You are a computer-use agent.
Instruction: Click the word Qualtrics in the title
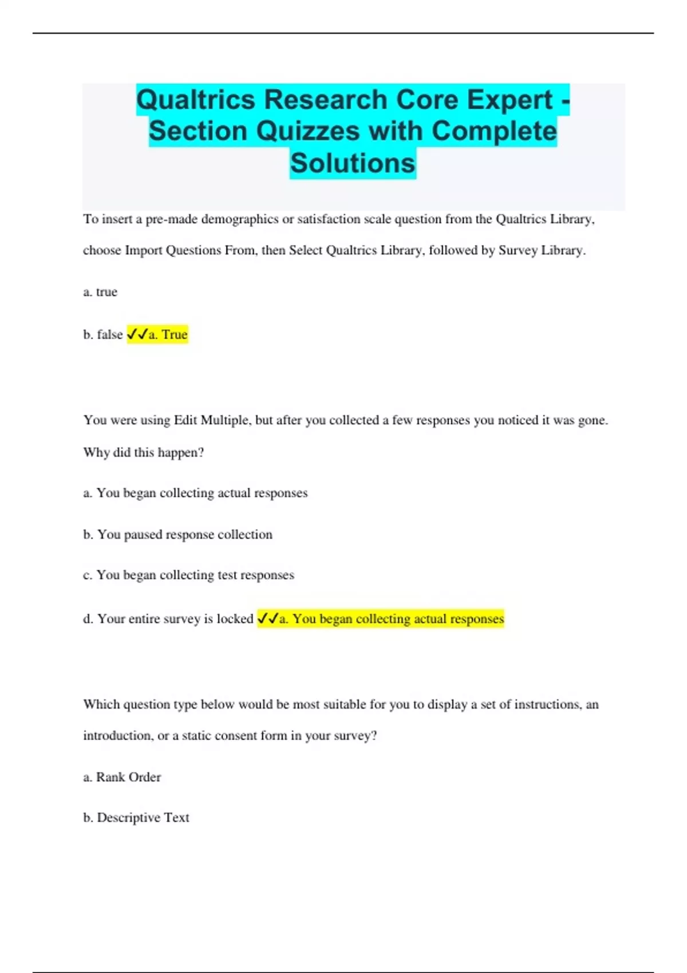[196, 100]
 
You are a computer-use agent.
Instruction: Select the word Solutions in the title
[352, 163]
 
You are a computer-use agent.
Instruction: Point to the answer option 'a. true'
[100, 292]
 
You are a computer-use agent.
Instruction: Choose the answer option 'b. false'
[103, 334]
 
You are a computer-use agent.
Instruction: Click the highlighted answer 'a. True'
[168, 334]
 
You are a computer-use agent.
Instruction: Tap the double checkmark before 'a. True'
[137, 334]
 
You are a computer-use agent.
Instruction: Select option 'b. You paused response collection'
[177, 535]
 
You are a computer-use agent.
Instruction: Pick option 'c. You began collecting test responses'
[188, 575]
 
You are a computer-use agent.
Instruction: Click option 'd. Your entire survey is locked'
[168, 619]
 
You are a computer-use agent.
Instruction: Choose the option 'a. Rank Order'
[122, 777]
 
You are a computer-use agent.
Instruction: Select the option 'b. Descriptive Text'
[136, 818]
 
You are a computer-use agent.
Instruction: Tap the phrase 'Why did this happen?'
[143, 453]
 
